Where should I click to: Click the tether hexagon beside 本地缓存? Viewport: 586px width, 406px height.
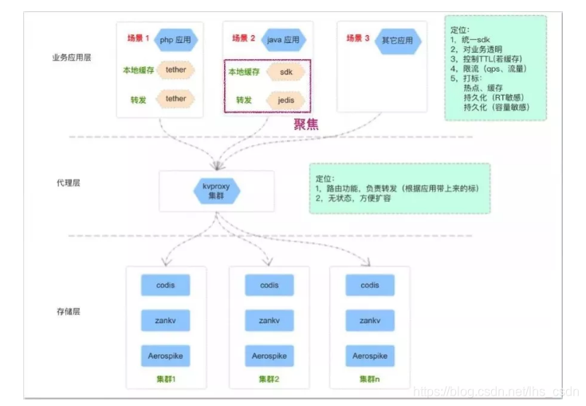pyautogui.click(x=175, y=70)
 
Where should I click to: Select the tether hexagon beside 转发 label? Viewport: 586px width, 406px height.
pyautogui.click(x=175, y=99)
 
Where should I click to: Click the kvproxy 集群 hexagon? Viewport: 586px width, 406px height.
pyautogui.click(x=217, y=191)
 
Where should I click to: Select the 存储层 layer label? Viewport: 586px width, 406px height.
pyautogui.click(x=65, y=311)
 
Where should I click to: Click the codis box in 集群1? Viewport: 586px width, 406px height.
pyautogui.click(x=166, y=285)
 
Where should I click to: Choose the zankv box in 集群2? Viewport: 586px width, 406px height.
pyautogui.click(x=269, y=320)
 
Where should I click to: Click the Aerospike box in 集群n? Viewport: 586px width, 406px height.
pyautogui.click(x=370, y=356)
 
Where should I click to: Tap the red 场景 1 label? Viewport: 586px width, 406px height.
pyautogui.click(x=138, y=38)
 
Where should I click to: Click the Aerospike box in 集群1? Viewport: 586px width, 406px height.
pyautogui.click(x=166, y=356)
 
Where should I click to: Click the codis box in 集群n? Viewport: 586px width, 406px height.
pyautogui.click(x=370, y=285)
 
